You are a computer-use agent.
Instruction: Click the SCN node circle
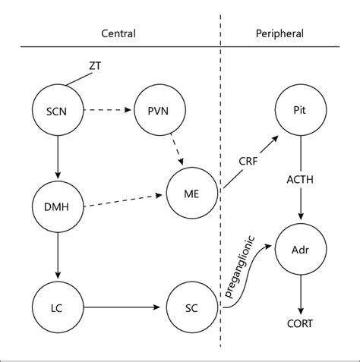pos(56,111)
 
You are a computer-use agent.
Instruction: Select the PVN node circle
pos(156,111)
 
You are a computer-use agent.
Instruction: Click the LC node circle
pos(56,307)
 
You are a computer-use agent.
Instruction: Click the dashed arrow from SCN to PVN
pos(106,111)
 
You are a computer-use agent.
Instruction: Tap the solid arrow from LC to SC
pos(125,307)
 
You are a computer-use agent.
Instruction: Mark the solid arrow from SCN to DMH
pos(56,159)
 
